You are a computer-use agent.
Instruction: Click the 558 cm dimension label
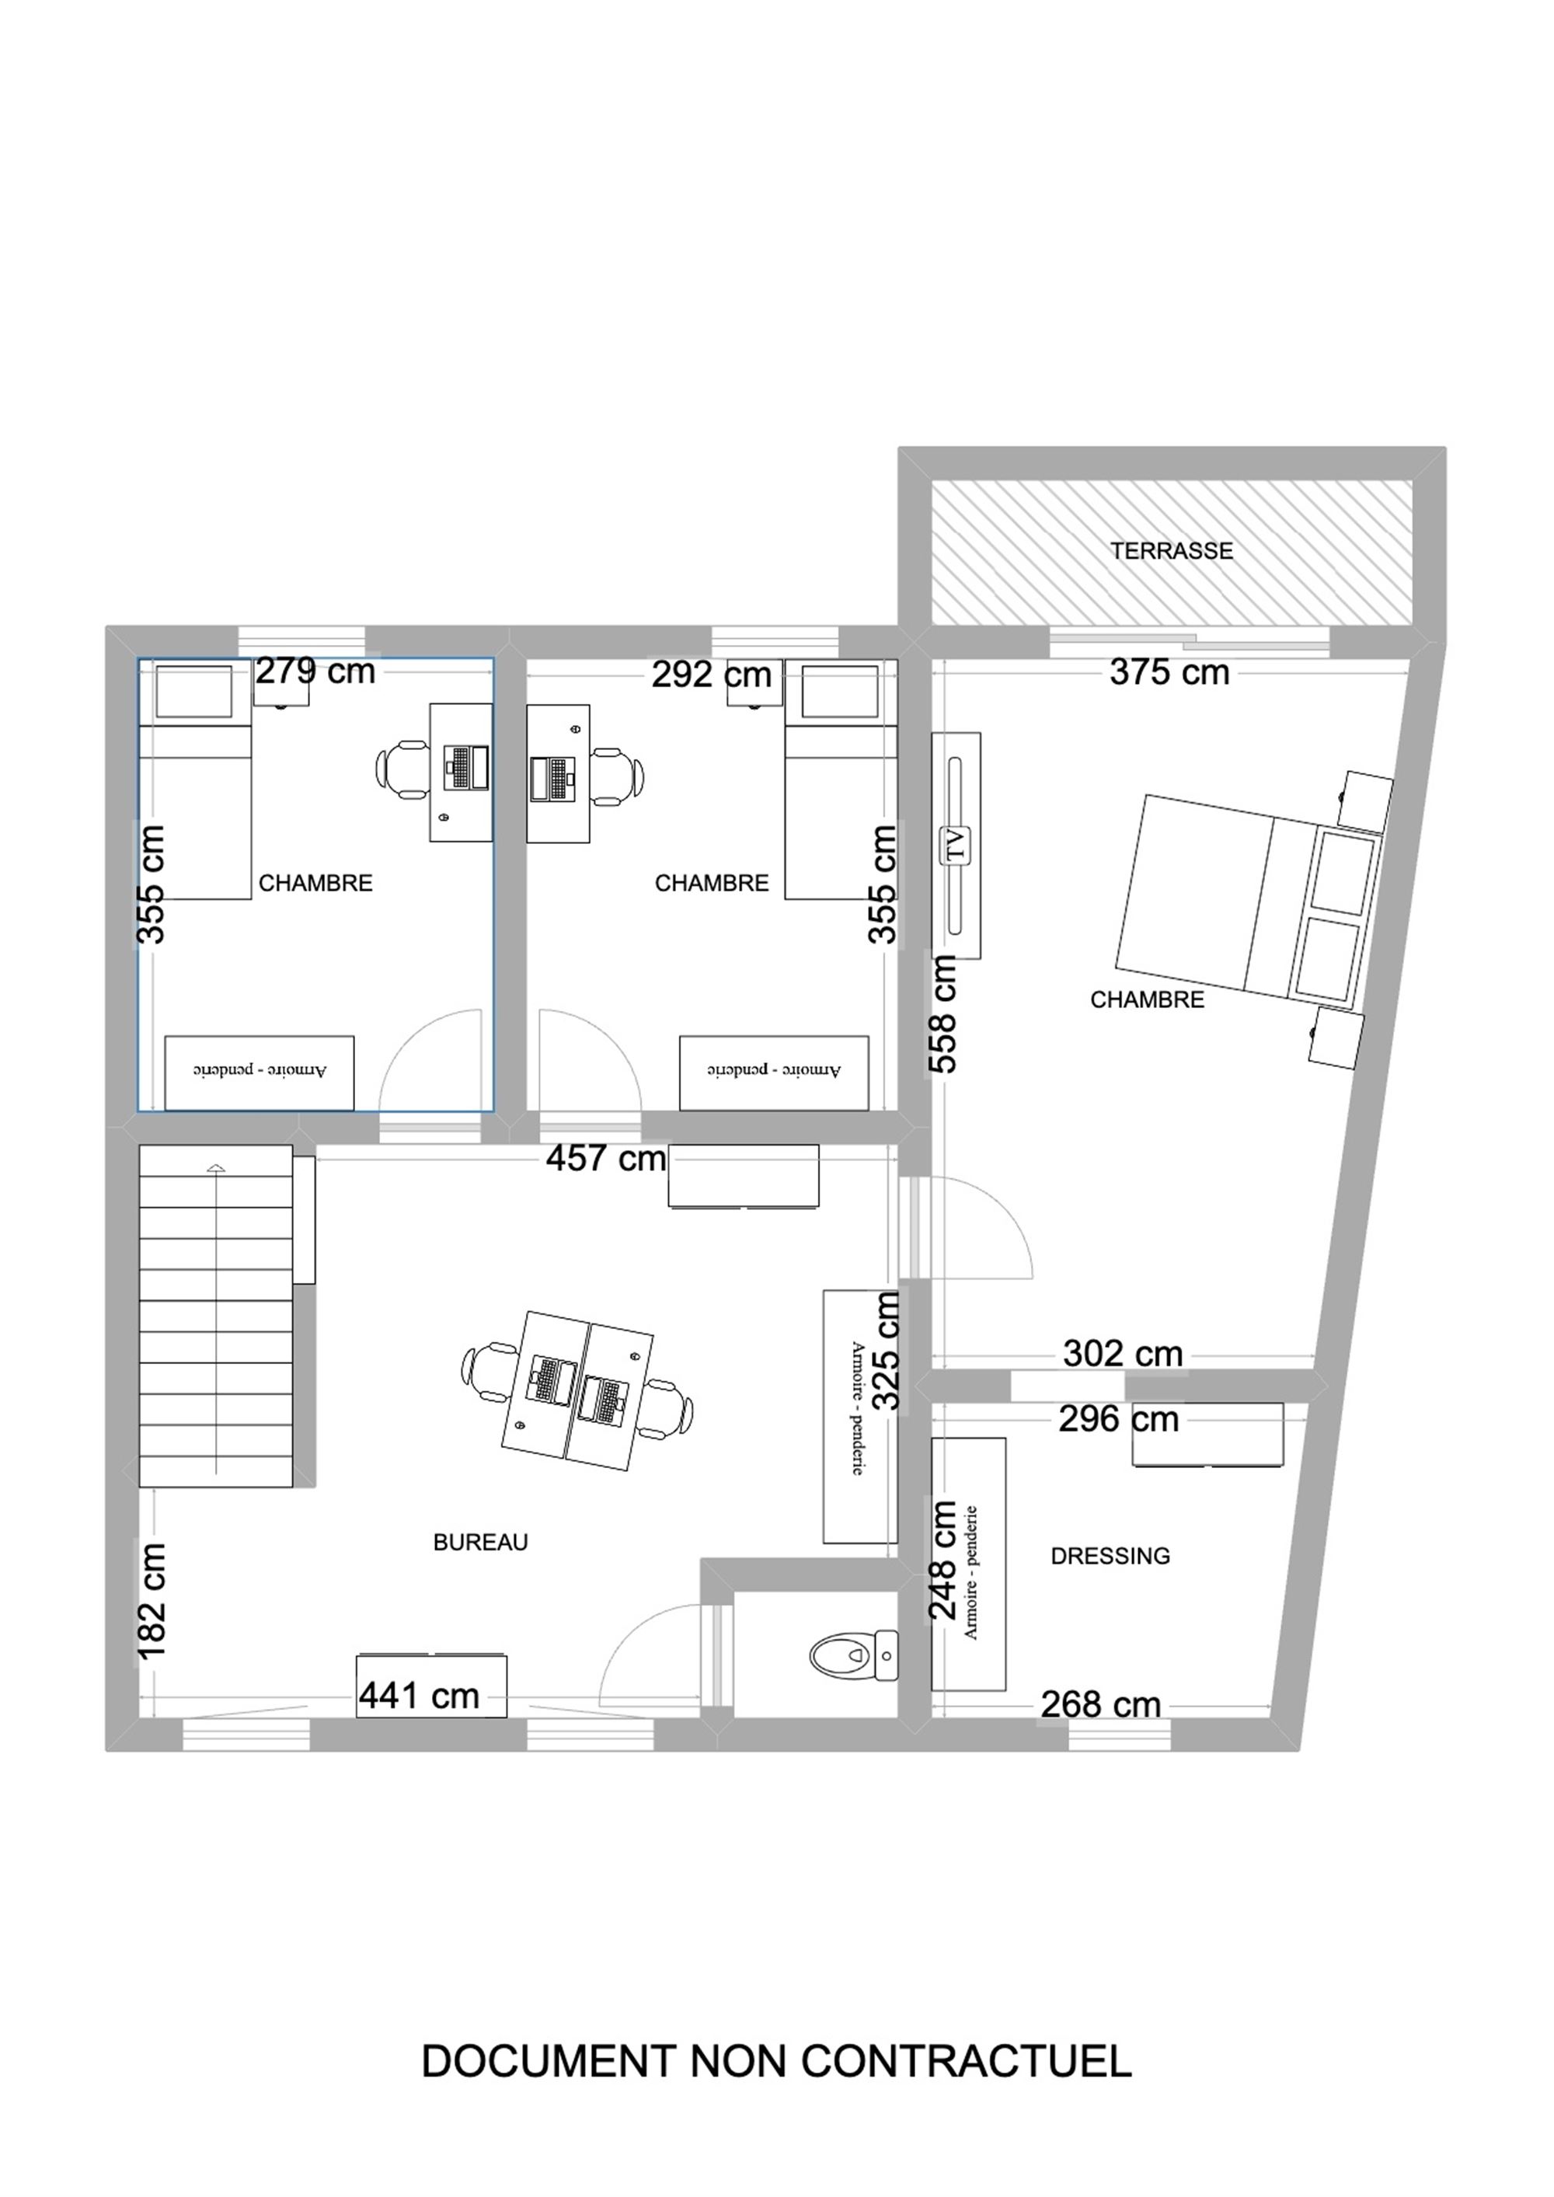click(943, 1013)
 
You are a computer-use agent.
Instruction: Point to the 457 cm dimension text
click(606, 1159)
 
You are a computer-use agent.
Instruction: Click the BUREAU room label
click(480, 1543)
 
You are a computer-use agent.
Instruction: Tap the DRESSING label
click(1110, 1556)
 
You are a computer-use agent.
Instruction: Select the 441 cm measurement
click(419, 1697)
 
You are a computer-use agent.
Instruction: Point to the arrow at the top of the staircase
click(216, 1167)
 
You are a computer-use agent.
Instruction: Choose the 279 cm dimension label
click(315, 671)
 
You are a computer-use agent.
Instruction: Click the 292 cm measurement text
click(712, 675)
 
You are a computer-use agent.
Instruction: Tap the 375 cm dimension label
click(1169, 673)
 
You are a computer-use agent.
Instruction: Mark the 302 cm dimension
click(1124, 1354)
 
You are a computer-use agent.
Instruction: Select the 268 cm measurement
click(1101, 1705)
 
